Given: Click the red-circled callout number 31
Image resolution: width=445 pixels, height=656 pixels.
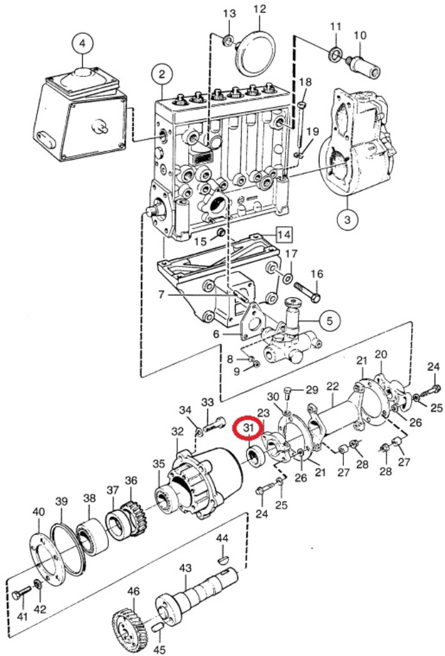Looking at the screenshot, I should [248, 428].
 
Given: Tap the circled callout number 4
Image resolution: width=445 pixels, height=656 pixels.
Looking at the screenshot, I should [82, 44].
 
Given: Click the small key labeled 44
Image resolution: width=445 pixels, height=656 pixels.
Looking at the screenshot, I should [222, 559].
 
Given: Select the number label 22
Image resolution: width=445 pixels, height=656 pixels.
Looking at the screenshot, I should [332, 386].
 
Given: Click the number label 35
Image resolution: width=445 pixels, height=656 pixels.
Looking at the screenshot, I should [159, 464].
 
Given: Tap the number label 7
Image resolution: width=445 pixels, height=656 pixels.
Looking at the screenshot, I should [162, 295].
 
